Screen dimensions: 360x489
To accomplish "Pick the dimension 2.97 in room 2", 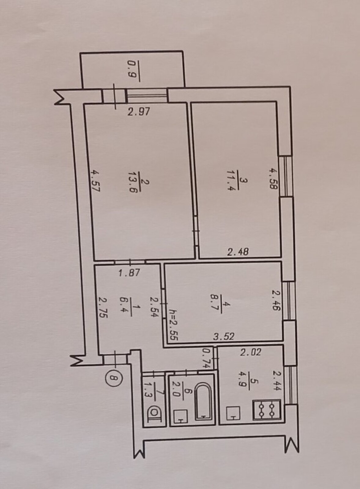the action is (139, 112).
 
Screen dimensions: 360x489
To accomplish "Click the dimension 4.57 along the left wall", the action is (96, 181).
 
